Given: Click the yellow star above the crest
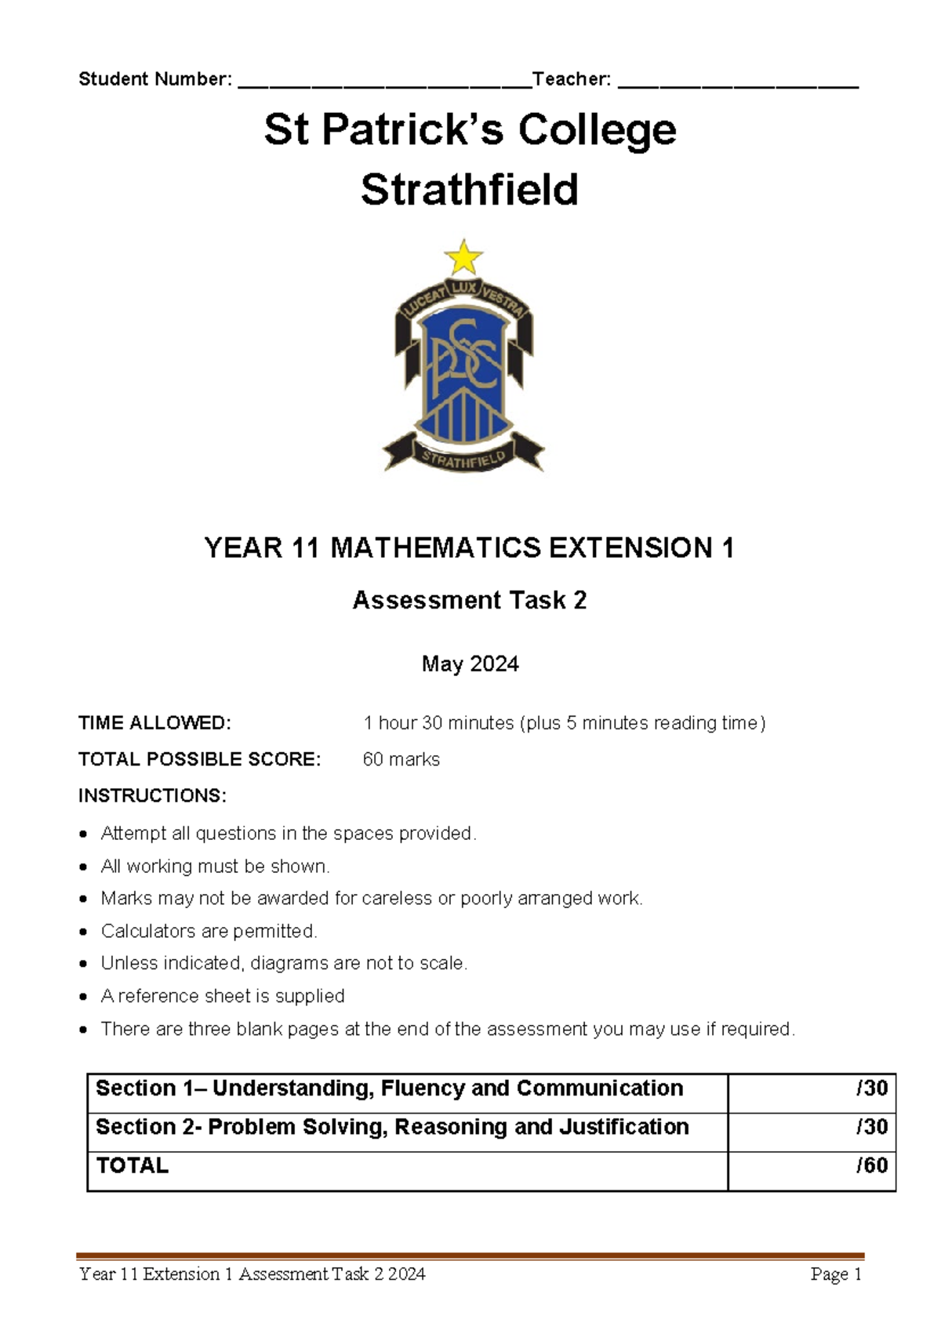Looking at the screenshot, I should (463, 258).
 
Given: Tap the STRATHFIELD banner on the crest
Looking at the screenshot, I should (463, 458).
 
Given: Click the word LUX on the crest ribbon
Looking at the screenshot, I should (463, 289).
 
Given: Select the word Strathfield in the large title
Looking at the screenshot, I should (469, 190).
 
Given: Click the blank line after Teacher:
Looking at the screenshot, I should (738, 82).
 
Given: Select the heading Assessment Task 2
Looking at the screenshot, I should (469, 600).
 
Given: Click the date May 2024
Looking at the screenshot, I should (470, 664).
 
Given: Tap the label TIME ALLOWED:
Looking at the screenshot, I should (154, 723).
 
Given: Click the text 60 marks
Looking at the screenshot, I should (401, 759).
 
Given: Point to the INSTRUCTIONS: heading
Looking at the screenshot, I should (152, 796).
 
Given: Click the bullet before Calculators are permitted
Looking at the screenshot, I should (84, 932).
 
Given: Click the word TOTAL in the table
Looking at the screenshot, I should (132, 1165).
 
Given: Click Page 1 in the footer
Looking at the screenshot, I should (836, 1274).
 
